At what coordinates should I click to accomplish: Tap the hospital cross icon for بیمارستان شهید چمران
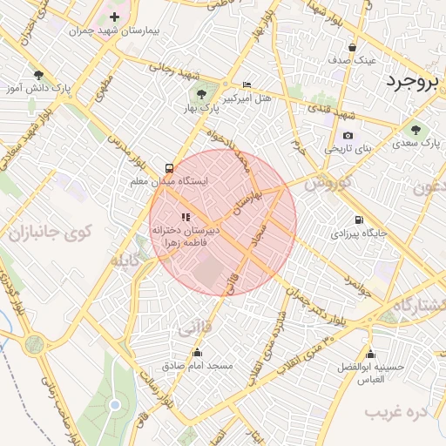coord(114,17)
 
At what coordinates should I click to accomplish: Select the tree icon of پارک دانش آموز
coord(38,76)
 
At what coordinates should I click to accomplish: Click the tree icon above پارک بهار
coord(201,94)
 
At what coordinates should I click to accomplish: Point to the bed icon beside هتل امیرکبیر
coord(247,85)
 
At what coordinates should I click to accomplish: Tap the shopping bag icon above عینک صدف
coord(352,48)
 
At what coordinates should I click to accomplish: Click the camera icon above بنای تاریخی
coord(348,135)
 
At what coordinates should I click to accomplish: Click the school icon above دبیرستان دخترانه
coord(184,217)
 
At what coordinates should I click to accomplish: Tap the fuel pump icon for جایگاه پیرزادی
coord(357,220)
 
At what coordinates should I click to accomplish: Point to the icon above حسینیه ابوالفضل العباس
coord(371,354)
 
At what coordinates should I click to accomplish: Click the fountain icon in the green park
coord(113,406)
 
